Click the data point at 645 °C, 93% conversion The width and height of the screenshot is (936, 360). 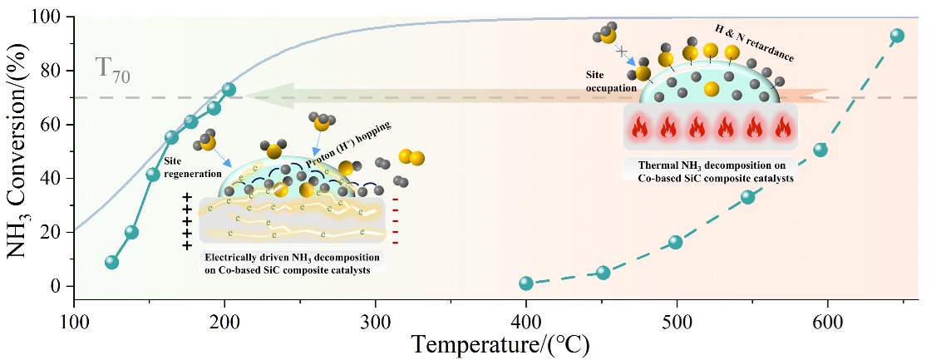pos(896,36)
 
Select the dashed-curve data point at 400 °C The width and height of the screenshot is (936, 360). pos(525,284)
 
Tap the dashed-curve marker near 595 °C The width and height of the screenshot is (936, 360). pos(820,150)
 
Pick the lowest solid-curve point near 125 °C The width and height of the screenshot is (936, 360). pos(112,262)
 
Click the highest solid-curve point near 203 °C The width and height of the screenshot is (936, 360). pos(229,89)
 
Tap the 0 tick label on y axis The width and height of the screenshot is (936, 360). pos(57,286)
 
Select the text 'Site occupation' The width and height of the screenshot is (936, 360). pos(610,81)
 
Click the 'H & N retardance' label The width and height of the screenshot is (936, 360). pos(754,43)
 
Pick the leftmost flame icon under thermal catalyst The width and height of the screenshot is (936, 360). pos(641,129)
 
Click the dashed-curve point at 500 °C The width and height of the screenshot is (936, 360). pos(675,242)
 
